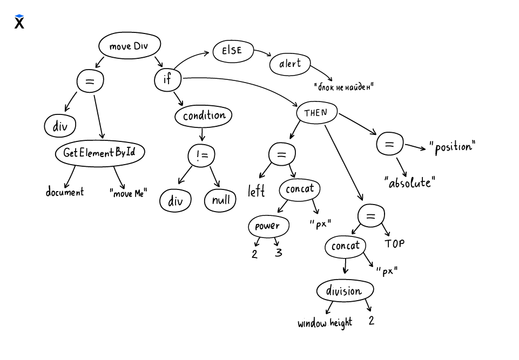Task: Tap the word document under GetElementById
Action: (x=65, y=192)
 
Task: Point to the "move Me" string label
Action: (x=128, y=193)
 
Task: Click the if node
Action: (x=167, y=80)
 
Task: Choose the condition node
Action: (x=204, y=116)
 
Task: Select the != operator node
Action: (x=201, y=156)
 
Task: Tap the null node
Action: (x=220, y=201)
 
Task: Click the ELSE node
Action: (x=232, y=51)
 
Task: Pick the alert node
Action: (x=291, y=64)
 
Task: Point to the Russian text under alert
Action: (x=344, y=86)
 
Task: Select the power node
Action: (x=268, y=226)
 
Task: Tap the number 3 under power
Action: (x=278, y=252)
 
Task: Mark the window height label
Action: (x=325, y=323)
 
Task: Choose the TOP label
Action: (x=394, y=244)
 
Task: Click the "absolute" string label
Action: (x=410, y=182)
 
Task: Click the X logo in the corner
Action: (x=19, y=22)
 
